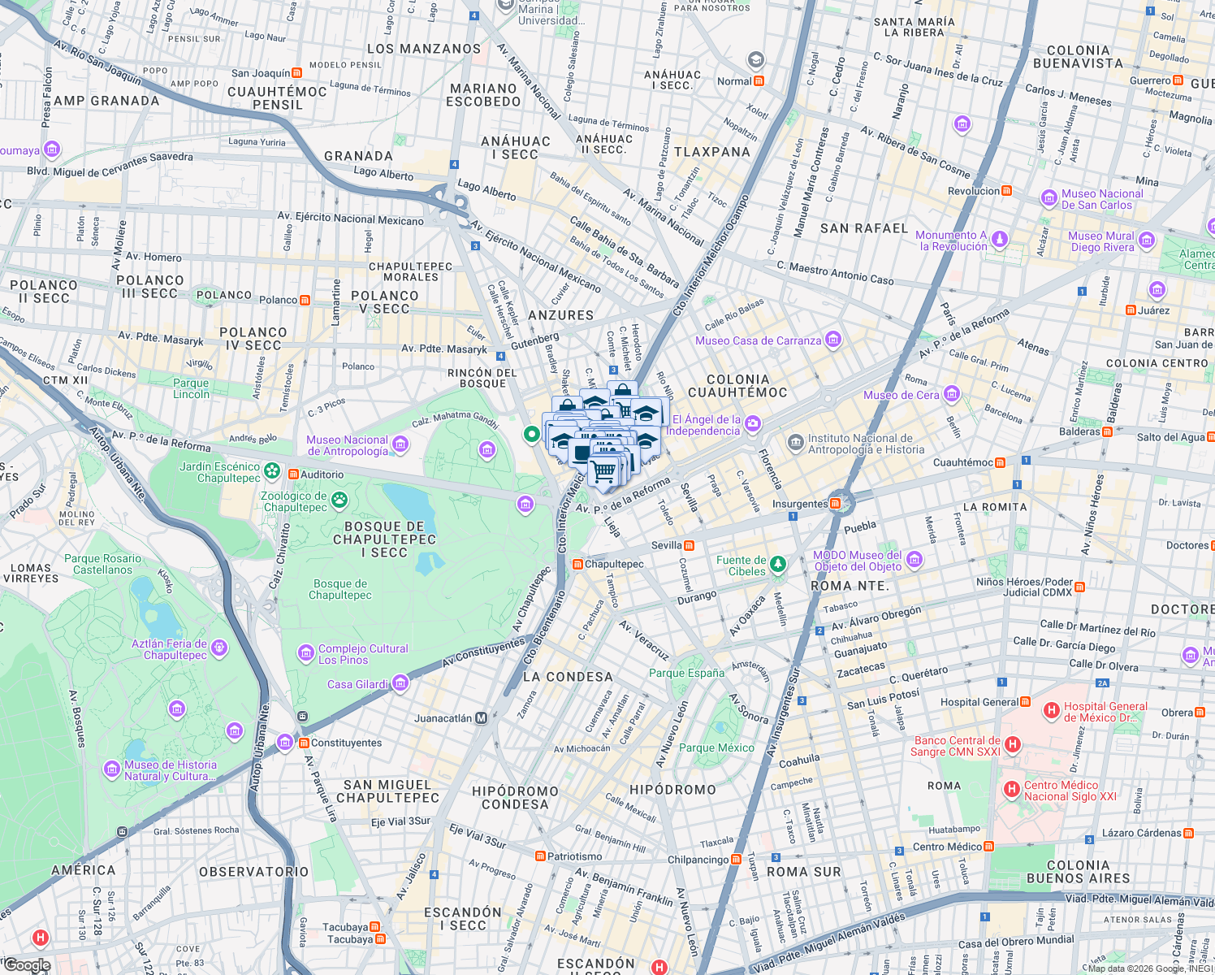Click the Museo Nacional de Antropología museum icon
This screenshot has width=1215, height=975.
click(x=400, y=444)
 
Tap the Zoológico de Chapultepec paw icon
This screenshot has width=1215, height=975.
click(x=339, y=500)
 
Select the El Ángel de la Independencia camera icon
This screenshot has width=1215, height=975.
click(x=753, y=422)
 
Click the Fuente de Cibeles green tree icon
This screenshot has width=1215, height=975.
click(x=778, y=564)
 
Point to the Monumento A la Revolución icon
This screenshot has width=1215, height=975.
click(x=1000, y=240)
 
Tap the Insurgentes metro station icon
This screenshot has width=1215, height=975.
click(x=836, y=504)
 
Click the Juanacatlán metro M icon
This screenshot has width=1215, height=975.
click(x=482, y=718)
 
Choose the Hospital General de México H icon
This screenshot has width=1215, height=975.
click(x=1051, y=711)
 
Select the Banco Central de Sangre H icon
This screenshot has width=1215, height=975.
click(x=1012, y=744)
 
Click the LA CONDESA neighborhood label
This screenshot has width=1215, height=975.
click(x=568, y=677)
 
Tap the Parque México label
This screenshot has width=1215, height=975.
click(x=716, y=747)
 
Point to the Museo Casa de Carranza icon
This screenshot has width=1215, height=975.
click(x=832, y=340)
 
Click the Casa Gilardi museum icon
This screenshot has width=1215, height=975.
click(x=400, y=684)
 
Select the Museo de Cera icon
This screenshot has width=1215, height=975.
click(x=952, y=395)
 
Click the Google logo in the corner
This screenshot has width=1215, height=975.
click(x=27, y=965)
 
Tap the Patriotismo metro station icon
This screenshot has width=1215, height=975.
click(x=540, y=856)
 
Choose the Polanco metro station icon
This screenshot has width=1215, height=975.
click(x=305, y=300)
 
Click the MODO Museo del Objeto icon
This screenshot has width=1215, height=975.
click(x=914, y=560)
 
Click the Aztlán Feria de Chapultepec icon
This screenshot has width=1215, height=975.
click(x=218, y=648)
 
